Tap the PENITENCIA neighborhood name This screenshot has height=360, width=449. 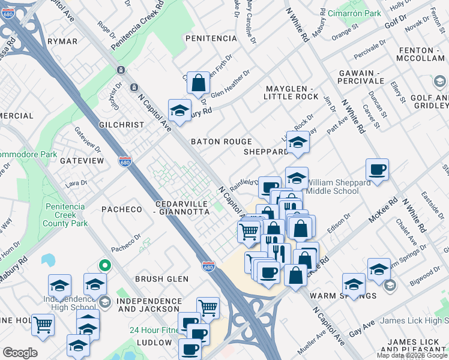click(x=211, y=38)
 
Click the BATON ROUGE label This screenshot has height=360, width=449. click(x=221, y=142)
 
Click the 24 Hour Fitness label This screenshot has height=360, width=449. click(x=157, y=330)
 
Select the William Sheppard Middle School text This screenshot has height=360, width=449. click(x=333, y=187)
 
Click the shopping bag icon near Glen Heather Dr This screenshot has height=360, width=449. click(x=198, y=83)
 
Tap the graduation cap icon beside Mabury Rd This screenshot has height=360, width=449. click(x=179, y=110)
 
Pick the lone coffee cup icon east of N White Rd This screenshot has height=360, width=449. click(x=377, y=169)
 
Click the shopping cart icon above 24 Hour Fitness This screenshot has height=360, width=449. click(x=208, y=307)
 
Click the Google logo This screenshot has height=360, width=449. click(x=20, y=353)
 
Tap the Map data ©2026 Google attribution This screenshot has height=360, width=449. click(x=412, y=355)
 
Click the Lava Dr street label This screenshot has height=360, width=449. click(x=76, y=182)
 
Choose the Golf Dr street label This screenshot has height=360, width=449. click(x=396, y=23)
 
